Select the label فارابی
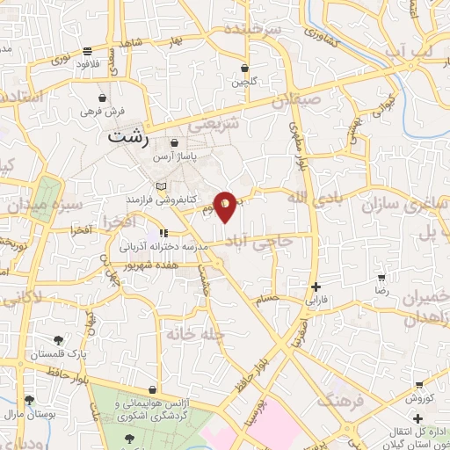314,300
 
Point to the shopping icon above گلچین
244,68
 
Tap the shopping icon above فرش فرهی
104,98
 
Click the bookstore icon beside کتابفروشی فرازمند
159,186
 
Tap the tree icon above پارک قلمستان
58,340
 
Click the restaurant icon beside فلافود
86,51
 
